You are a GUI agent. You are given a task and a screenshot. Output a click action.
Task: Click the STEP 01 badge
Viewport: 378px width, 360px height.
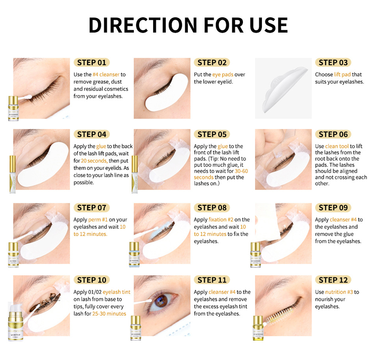(x=91, y=63)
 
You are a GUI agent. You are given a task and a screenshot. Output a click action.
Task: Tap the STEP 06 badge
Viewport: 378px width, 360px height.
(x=333, y=135)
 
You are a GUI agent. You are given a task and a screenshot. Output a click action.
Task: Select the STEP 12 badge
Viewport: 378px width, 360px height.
(x=333, y=280)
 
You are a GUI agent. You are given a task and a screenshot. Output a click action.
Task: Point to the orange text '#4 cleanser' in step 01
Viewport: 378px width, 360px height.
(x=106, y=74)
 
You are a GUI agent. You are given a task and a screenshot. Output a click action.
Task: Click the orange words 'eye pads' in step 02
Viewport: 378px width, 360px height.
(x=223, y=74)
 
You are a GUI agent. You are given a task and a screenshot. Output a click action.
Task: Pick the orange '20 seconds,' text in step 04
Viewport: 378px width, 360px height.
(x=94, y=161)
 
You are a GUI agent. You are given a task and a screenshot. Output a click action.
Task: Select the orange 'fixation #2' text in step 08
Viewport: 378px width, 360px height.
(x=223, y=220)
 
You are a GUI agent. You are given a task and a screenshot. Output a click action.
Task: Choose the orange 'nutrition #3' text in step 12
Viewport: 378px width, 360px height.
(x=339, y=292)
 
